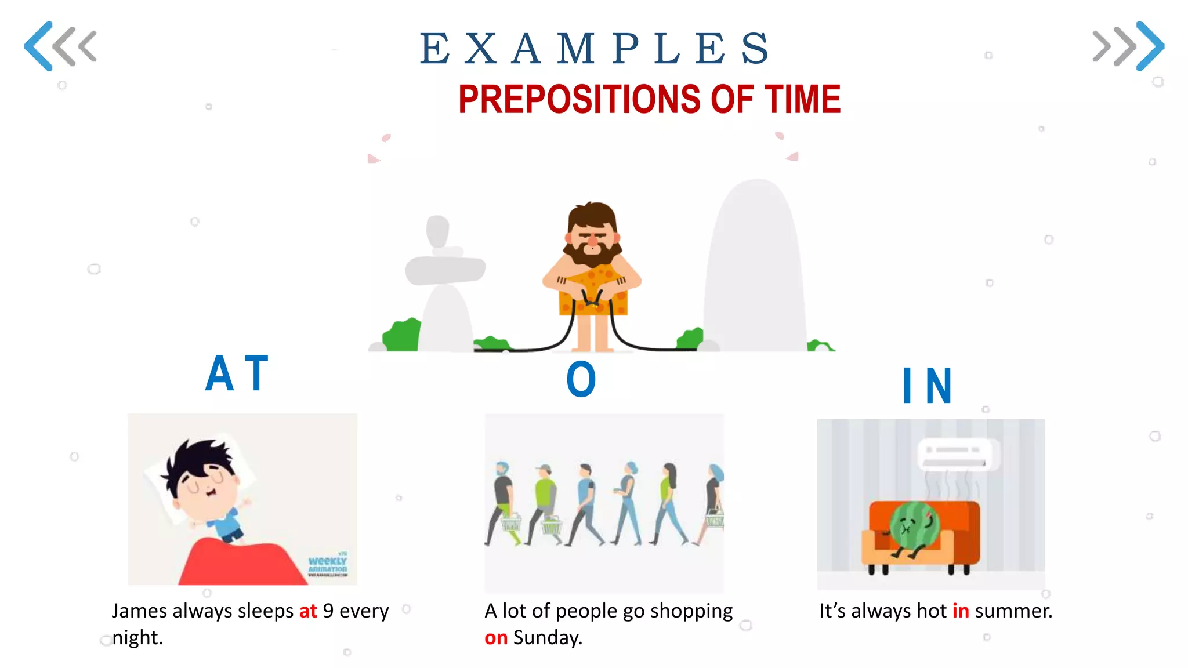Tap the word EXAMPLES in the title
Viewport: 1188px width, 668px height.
pos(595,49)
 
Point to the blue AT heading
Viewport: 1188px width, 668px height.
pos(237,374)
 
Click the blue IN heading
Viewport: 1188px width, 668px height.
pos(927,386)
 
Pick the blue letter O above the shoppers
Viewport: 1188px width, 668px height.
pos(581,380)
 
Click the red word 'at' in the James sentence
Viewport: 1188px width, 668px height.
pos(308,611)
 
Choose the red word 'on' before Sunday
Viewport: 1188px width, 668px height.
pos(496,638)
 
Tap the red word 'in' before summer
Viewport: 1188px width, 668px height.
pos(961,611)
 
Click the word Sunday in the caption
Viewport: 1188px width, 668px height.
pos(548,638)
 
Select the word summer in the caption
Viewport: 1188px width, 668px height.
pos(1013,611)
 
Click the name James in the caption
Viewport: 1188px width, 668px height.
pos(139,611)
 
